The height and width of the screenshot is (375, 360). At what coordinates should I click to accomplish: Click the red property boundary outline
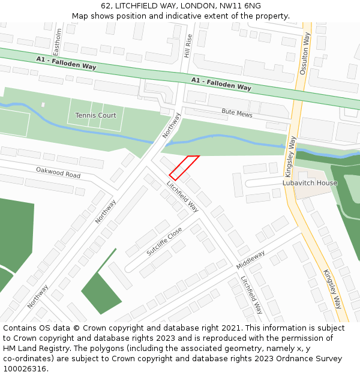pos(184,167)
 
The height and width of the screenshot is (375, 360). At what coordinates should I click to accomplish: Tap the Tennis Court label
pos(95,115)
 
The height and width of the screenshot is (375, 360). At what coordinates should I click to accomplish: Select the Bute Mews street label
pos(237,112)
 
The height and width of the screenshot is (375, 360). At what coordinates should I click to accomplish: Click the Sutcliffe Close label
pos(164,242)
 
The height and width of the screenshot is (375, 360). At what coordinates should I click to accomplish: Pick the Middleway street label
pos(250,259)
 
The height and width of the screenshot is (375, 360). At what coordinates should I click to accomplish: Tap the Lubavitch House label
pos(310,182)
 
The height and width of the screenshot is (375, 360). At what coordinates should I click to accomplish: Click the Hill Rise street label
pos(190,46)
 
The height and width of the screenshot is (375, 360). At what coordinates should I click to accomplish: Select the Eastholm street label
pos(58,40)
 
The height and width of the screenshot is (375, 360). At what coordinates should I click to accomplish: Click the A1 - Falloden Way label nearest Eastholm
pos(66,62)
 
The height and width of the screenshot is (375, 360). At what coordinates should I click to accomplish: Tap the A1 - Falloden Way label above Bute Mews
pos(221,83)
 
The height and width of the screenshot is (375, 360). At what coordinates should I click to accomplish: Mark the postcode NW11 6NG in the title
pos(240,6)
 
